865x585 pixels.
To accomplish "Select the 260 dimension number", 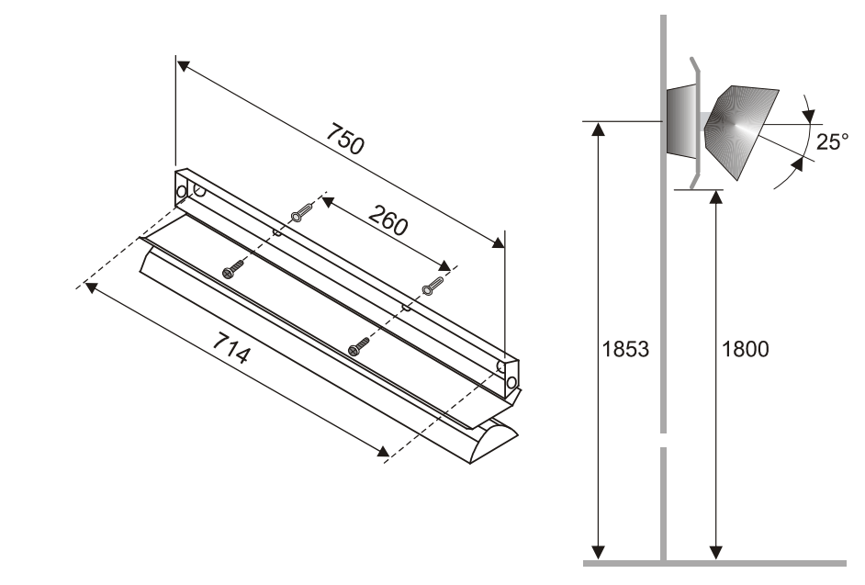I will tap(388, 220).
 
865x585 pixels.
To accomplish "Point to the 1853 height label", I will tap(626, 349).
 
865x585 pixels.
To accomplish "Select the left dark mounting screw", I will tap(234, 269).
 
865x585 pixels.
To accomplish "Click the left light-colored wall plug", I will tap(301, 216).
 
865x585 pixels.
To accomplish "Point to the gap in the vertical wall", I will tap(661, 440).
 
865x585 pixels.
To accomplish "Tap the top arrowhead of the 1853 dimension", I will tap(599, 128).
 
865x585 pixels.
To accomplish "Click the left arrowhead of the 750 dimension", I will tap(183, 66).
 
